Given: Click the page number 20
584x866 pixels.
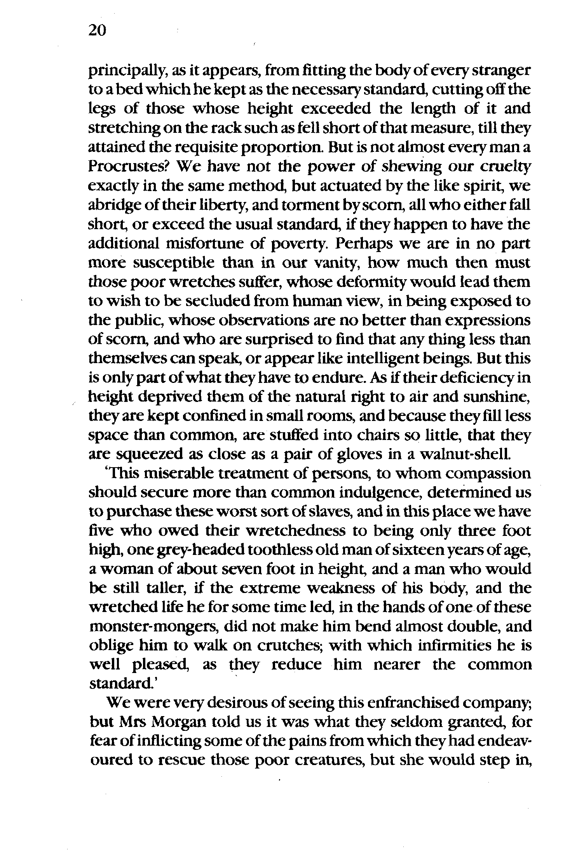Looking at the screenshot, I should point(97,30).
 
